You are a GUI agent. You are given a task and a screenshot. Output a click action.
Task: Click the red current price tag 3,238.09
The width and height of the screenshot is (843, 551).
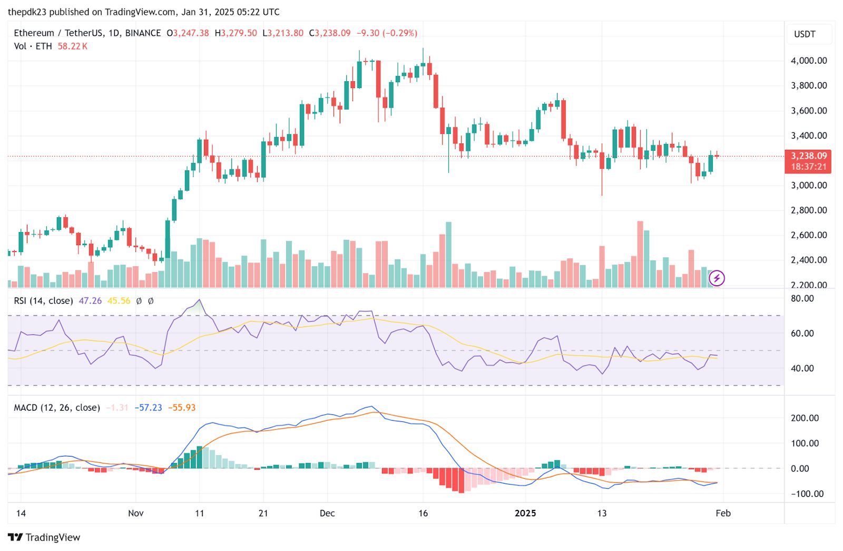tap(808, 156)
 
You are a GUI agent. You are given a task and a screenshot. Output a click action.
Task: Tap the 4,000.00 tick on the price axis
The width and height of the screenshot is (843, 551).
tap(809, 61)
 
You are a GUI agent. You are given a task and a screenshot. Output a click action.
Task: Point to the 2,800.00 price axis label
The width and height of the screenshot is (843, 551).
tap(809, 210)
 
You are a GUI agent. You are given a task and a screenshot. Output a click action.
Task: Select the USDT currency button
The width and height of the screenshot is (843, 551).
tap(805, 34)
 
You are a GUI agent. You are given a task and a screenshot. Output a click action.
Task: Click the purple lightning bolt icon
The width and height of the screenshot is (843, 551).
tap(717, 278)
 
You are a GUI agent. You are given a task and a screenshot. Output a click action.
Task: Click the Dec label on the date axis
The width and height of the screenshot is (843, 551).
tap(327, 513)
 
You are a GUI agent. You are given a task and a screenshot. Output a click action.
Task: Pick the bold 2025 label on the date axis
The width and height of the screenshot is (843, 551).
tap(525, 513)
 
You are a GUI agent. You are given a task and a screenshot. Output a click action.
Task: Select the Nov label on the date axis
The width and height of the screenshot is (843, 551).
tap(135, 513)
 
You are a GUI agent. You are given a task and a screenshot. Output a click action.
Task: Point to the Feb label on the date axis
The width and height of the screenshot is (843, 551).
tap(723, 513)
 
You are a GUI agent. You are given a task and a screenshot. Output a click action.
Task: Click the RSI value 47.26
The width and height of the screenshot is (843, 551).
tap(90, 301)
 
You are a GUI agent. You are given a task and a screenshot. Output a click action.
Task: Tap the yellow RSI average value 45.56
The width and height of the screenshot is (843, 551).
tap(119, 301)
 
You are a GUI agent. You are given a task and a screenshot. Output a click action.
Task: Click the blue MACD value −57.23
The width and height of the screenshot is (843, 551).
tap(148, 408)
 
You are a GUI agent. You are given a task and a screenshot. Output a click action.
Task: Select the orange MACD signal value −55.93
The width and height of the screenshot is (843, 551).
tap(182, 408)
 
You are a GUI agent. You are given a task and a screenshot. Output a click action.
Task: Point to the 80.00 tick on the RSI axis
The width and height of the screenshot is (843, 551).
tap(802, 298)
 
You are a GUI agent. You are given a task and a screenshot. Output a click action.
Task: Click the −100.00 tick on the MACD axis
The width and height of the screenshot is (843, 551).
tap(807, 494)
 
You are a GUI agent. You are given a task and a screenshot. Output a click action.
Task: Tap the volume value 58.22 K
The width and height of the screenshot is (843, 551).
tap(72, 46)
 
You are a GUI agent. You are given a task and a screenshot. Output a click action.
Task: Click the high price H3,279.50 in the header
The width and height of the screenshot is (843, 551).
tap(236, 33)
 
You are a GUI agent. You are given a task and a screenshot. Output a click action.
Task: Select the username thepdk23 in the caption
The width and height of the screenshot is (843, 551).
tap(27, 12)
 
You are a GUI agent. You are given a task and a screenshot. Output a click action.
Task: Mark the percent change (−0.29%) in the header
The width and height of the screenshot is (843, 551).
tap(399, 33)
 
